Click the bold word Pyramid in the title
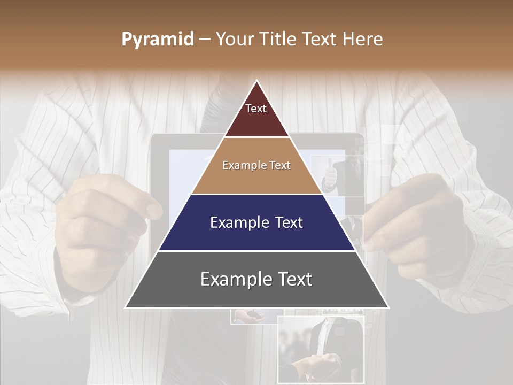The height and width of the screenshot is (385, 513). point(158,40)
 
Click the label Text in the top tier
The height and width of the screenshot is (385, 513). point(256,109)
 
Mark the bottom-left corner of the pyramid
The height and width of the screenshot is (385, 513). point(126,307)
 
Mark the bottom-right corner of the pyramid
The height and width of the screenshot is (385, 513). point(388,307)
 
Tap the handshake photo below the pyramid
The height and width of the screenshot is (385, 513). point(321,350)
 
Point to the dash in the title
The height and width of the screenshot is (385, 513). point(204,40)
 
